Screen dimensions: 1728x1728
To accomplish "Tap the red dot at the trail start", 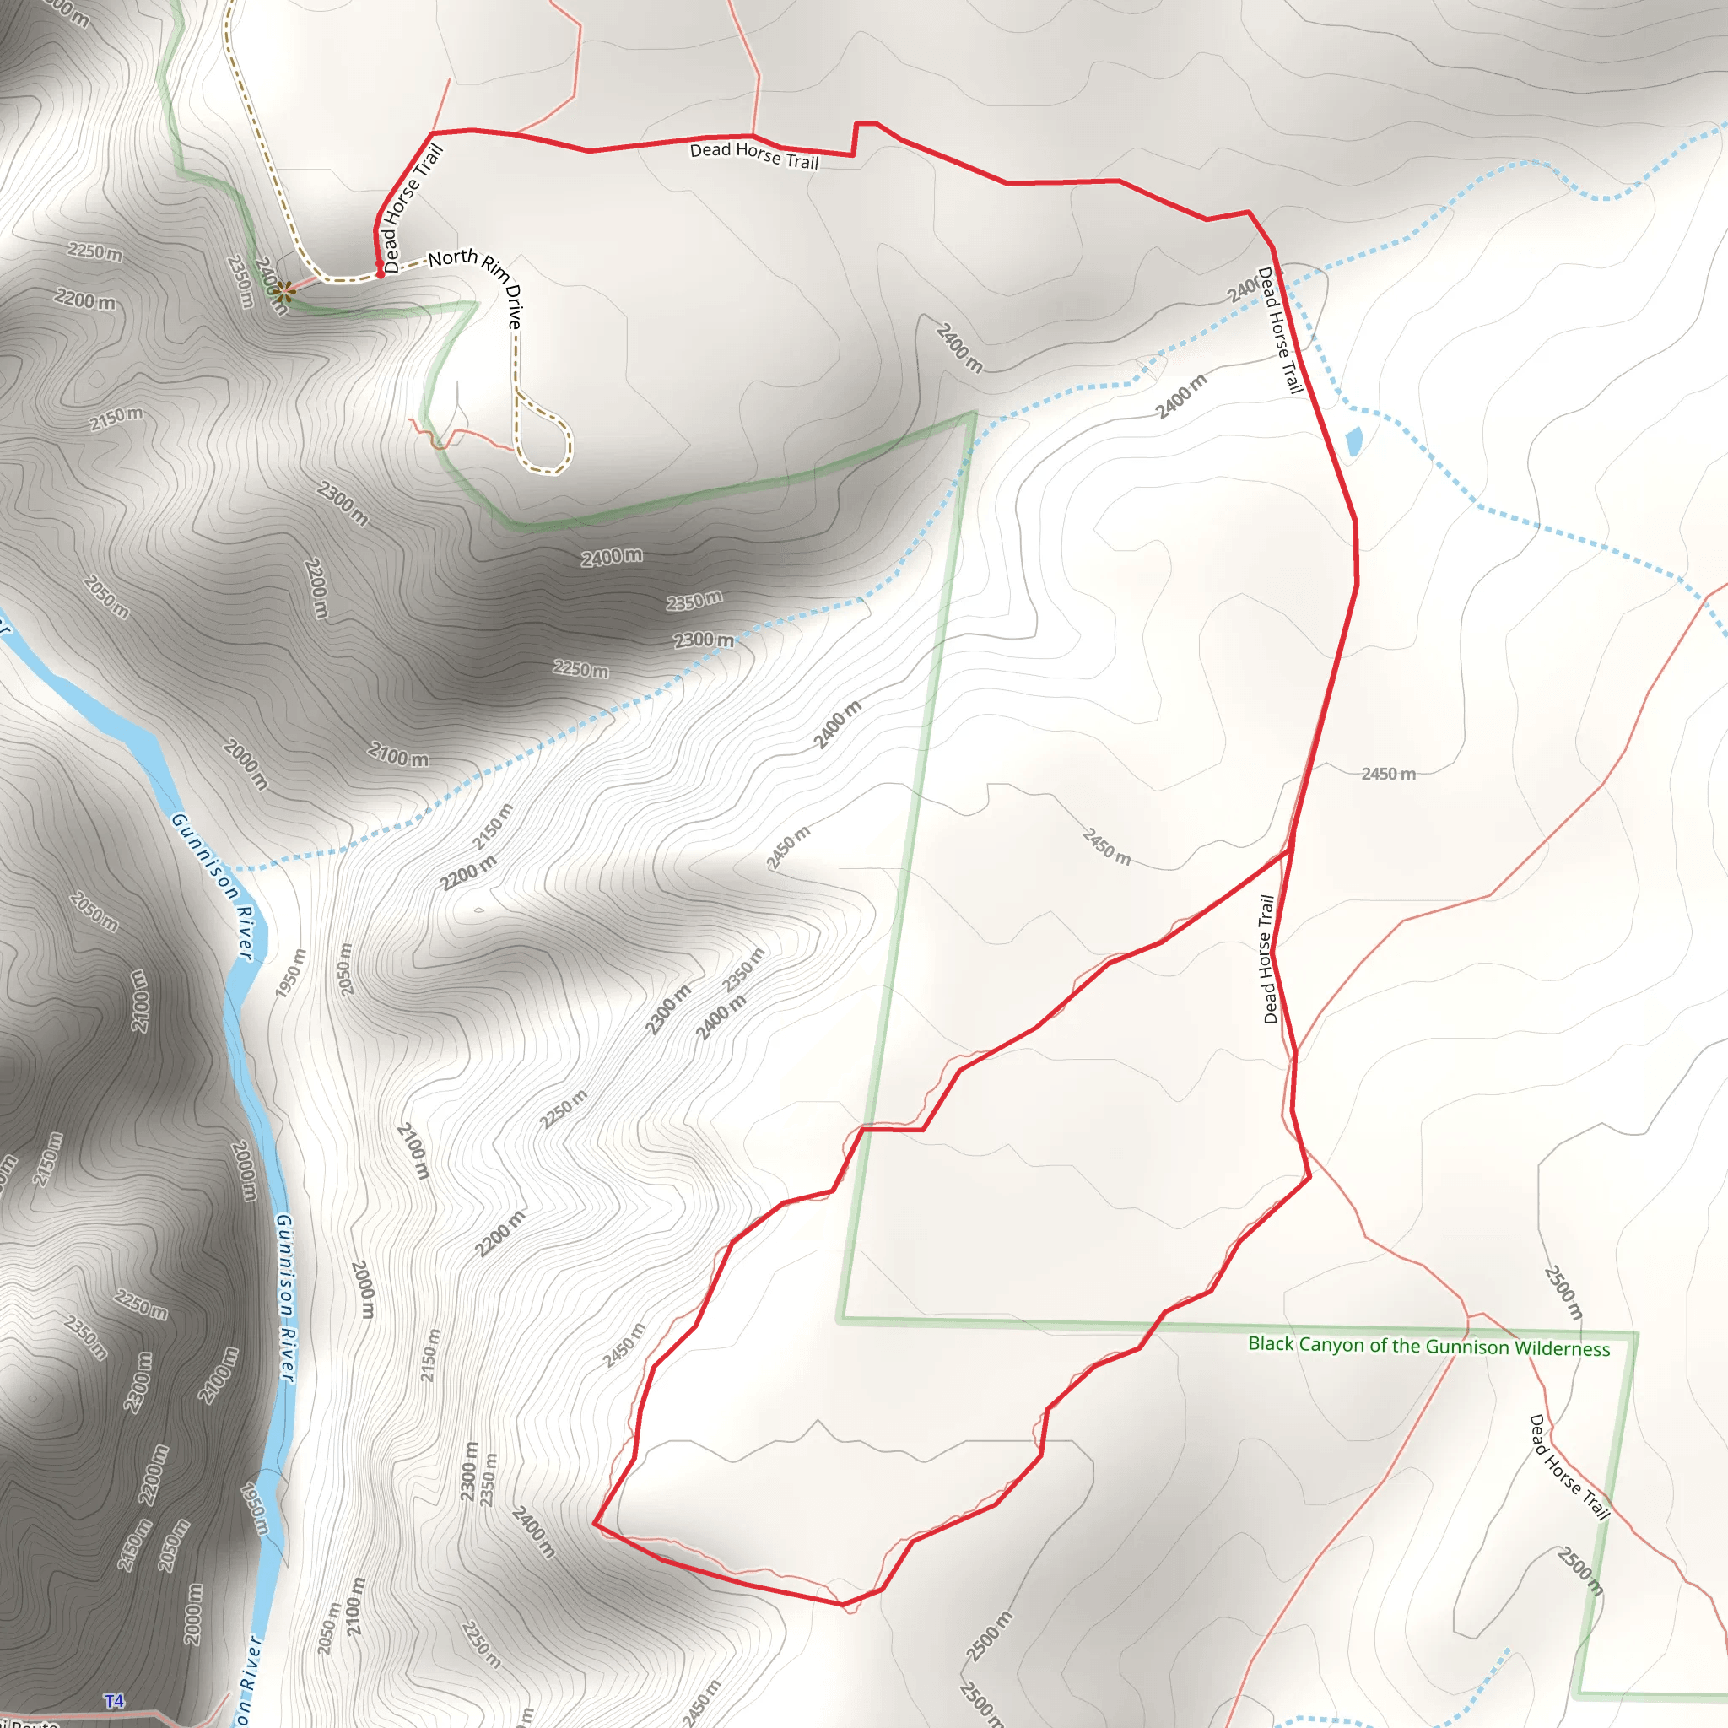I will (x=381, y=274).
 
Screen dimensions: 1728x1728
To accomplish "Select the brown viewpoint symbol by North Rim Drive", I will (x=284, y=291).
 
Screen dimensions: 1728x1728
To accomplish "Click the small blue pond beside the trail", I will (x=1353, y=441).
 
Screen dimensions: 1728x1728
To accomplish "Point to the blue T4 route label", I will (x=114, y=1700).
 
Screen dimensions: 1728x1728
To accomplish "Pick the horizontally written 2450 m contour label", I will (x=1388, y=774).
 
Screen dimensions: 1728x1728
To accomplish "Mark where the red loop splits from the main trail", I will (x=1291, y=850).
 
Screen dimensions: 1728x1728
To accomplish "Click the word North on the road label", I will (x=452, y=258).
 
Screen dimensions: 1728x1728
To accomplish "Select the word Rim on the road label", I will (x=494, y=266).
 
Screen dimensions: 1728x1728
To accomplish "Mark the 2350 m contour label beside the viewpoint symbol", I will (x=240, y=281).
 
